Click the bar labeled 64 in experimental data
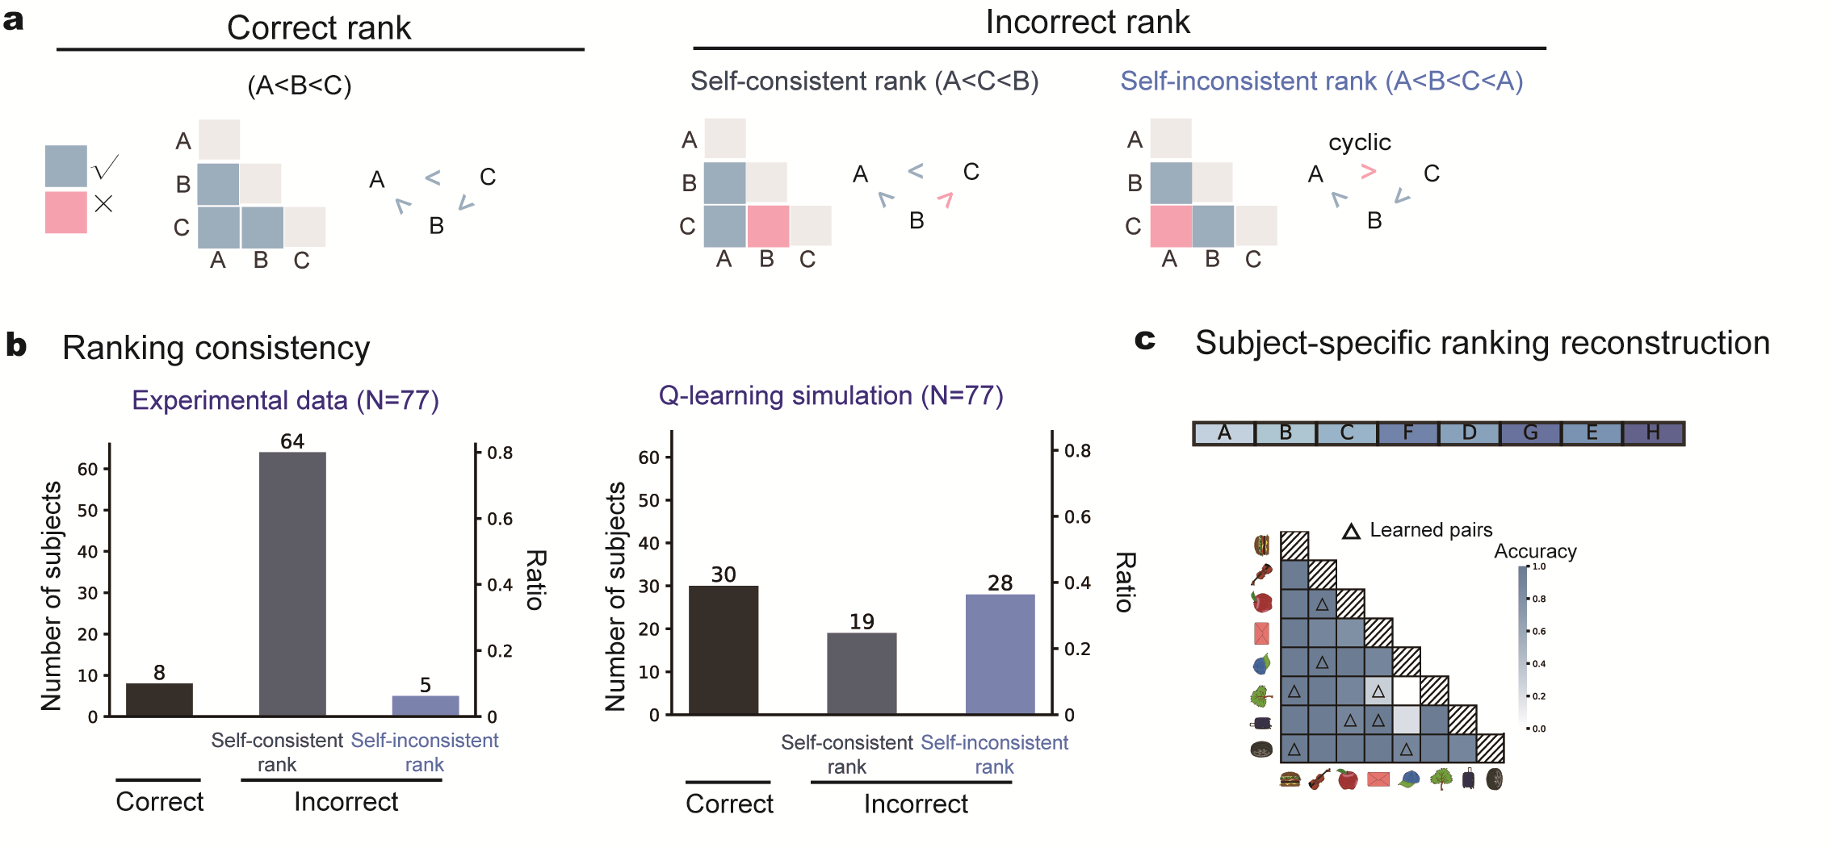tap(292, 583)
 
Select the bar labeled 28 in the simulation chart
tap(1000, 654)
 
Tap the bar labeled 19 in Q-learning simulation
tap(862, 673)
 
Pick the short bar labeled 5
tap(426, 705)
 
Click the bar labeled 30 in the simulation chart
tap(724, 649)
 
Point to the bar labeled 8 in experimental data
tap(159, 700)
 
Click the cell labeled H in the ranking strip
tap(1653, 433)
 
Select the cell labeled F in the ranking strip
tap(1407, 433)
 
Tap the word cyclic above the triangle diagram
tap(1360, 143)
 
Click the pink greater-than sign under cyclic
tap(1368, 171)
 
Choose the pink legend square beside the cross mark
tap(66, 212)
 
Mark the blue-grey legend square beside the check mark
tap(66, 166)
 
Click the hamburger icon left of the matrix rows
tap(1261, 545)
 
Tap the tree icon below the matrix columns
tap(1441, 779)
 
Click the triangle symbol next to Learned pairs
tap(1351, 531)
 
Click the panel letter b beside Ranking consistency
tap(16, 345)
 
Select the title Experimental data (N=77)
tap(285, 400)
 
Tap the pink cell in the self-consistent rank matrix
tap(768, 226)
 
